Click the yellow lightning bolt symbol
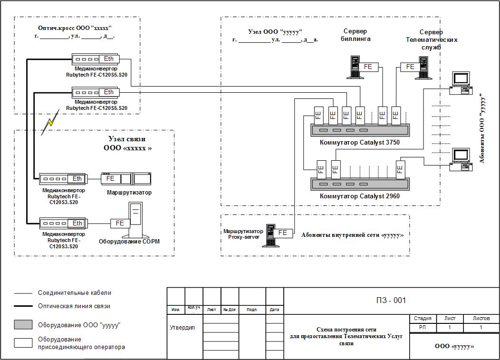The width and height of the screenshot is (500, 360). click(x=50, y=123)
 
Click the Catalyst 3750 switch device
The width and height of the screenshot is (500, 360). click(x=360, y=130)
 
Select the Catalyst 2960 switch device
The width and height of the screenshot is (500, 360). click(x=360, y=185)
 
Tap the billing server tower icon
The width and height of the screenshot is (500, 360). click(x=354, y=68)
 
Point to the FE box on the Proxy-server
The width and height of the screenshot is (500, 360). click(x=283, y=233)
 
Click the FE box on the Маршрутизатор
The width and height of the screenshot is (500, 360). click(x=111, y=179)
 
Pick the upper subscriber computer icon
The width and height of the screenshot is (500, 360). click(x=461, y=83)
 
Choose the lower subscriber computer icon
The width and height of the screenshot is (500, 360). click(x=461, y=160)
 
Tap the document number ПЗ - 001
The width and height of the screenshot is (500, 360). click(x=391, y=301)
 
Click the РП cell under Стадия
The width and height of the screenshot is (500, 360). click(x=423, y=328)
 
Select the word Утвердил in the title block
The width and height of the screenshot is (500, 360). click(x=182, y=328)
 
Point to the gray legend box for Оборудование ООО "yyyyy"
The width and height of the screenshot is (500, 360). click(x=23, y=325)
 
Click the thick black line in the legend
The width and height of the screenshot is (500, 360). click(x=23, y=306)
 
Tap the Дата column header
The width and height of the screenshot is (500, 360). click(x=275, y=310)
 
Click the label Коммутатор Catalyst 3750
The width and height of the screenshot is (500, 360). click(x=360, y=142)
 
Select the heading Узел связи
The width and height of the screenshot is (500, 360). click(x=127, y=139)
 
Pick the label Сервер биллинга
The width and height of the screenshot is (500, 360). click(x=356, y=35)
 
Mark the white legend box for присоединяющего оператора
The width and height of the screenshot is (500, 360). click(x=23, y=343)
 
